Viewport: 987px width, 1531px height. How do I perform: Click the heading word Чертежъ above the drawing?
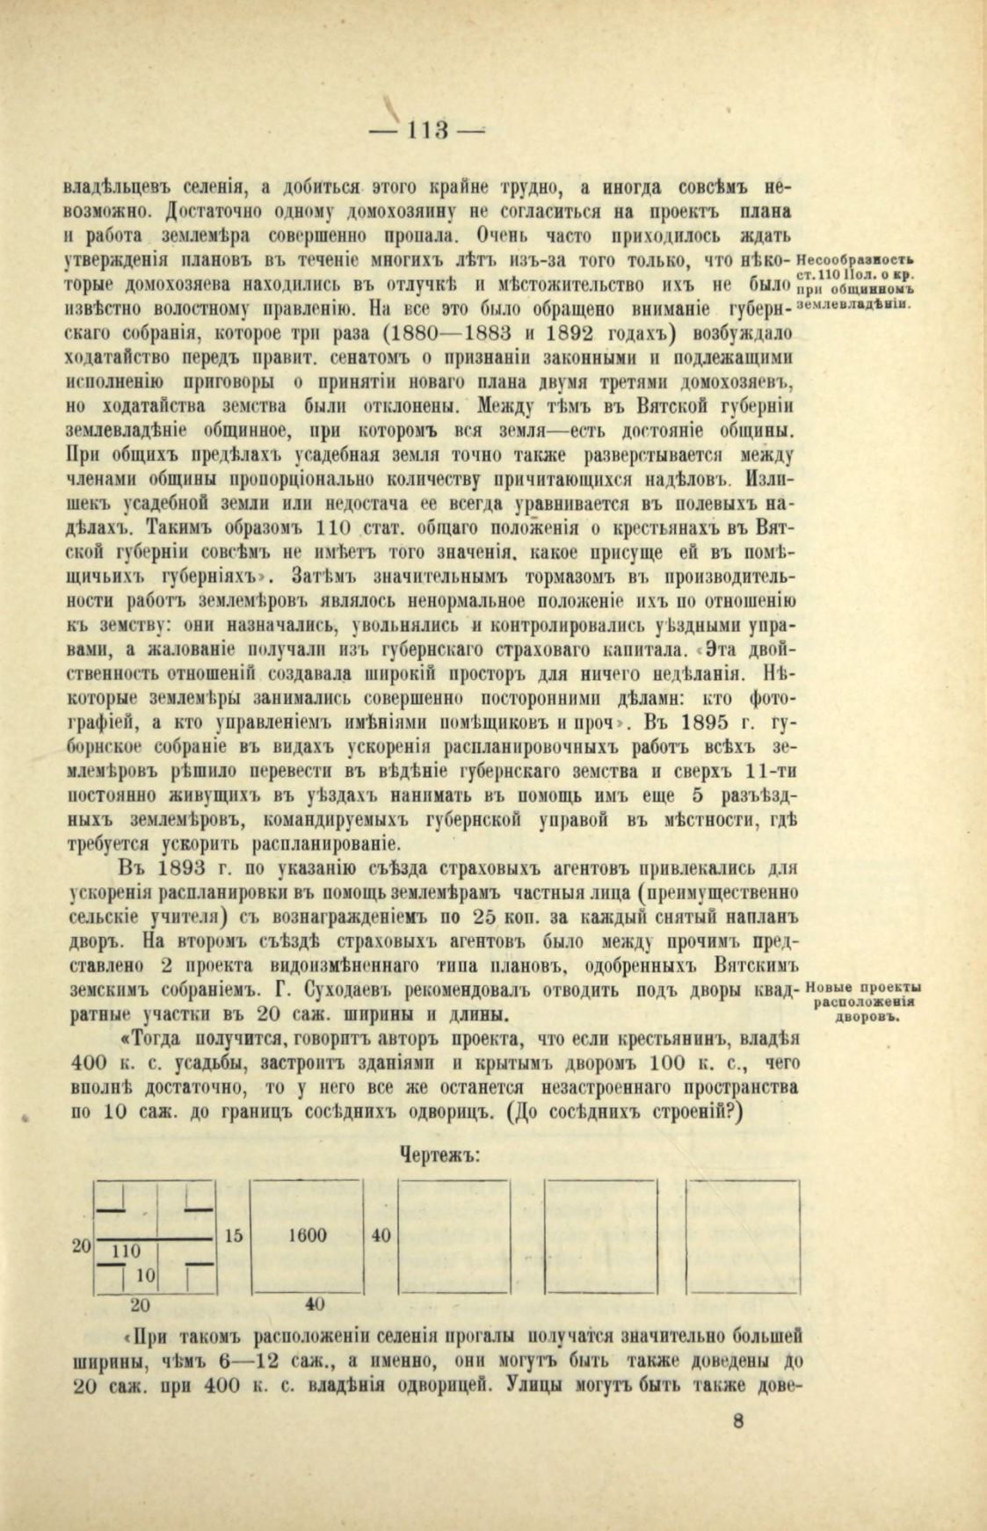tap(439, 1154)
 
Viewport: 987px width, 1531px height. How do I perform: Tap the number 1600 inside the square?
tap(308, 1235)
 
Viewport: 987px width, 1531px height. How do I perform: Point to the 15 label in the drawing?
tap(234, 1235)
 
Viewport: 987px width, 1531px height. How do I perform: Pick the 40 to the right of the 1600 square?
tap(381, 1235)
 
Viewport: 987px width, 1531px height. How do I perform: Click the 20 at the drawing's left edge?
tap(80, 1245)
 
